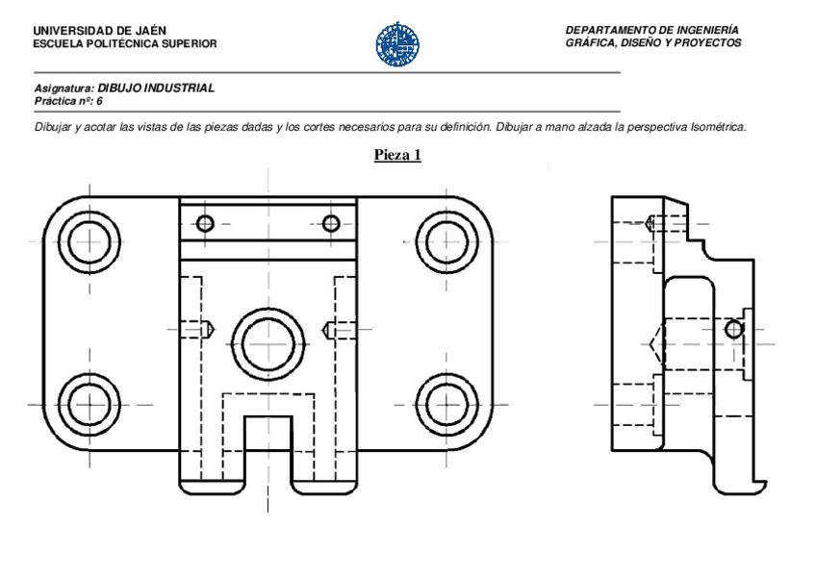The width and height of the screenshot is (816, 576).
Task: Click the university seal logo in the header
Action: click(396, 44)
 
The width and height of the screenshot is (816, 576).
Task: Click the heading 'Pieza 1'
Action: click(397, 154)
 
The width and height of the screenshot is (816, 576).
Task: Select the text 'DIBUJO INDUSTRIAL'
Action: click(156, 88)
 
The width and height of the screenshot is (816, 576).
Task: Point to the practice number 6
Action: click(99, 100)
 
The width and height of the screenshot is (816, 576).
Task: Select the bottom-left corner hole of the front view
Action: click(89, 402)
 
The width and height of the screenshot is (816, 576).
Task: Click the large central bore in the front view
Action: click(268, 342)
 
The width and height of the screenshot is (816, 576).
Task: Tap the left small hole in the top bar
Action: click(204, 224)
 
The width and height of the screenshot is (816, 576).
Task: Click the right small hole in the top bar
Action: click(331, 224)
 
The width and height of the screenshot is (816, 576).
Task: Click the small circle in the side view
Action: click(734, 329)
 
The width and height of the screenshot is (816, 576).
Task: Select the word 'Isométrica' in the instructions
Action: click(718, 127)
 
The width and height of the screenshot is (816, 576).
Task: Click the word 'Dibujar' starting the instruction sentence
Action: click(53, 127)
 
